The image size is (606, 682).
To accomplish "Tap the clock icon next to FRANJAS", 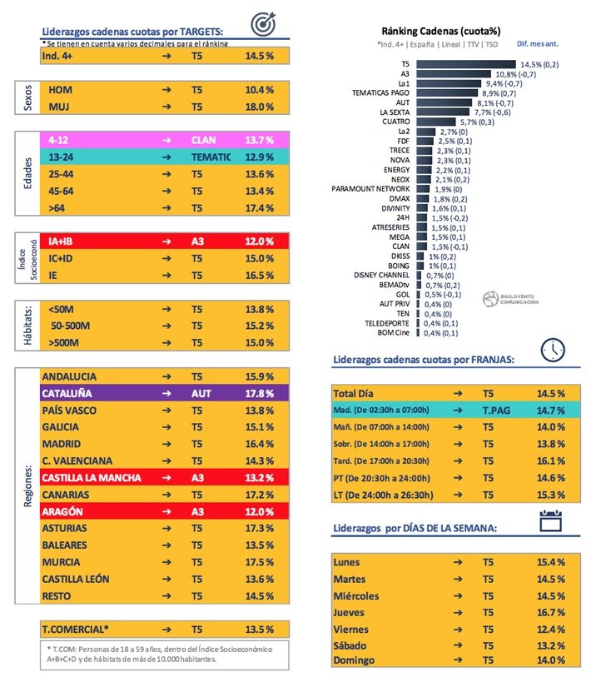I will tap(554, 350).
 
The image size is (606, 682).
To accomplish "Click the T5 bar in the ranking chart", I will tap(465, 63).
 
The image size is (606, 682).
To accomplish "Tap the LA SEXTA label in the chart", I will tap(395, 112).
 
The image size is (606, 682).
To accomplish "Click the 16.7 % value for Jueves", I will tap(550, 611).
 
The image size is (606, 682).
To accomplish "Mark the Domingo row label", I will tap(355, 660).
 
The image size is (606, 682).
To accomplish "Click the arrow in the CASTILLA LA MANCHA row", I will tap(166, 478).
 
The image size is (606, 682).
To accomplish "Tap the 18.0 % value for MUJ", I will tap(259, 107).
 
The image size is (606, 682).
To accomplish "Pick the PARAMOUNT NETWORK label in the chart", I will tap(371, 188).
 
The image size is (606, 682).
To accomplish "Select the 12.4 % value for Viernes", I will tap(550, 628).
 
